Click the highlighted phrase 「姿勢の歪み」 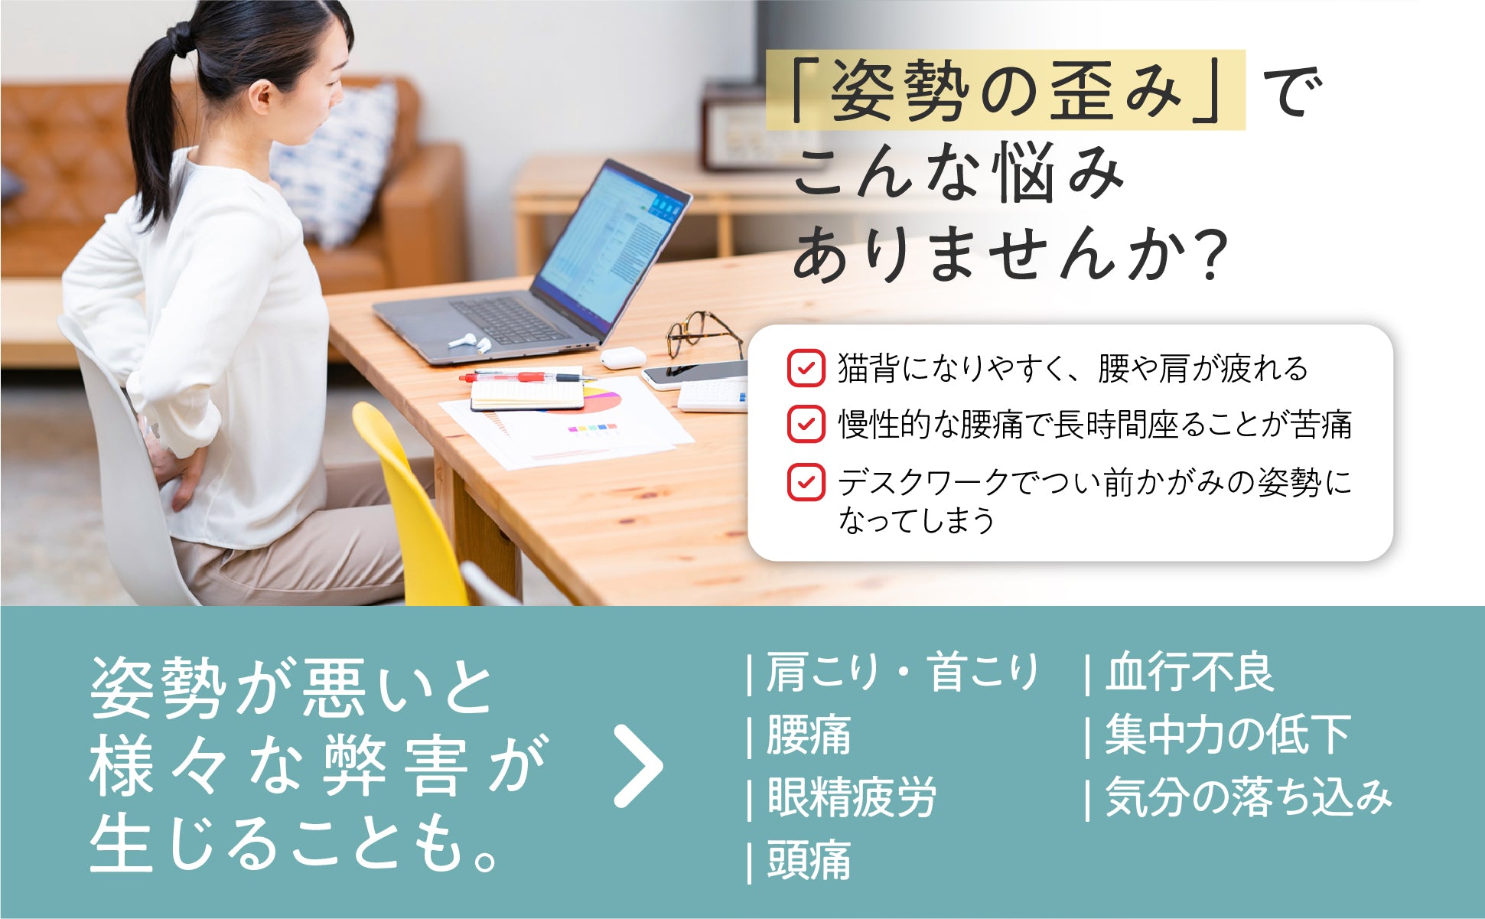click(1005, 90)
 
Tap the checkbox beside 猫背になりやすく click(806, 368)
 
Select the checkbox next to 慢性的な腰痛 click(806, 424)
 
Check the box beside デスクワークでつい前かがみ click(806, 482)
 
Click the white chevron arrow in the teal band click(639, 767)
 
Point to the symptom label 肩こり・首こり click(902, 673)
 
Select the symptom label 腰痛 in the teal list click(809, 735)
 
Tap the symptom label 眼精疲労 click(852, 797)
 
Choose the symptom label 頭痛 click(809, 860)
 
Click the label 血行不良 click(1190, 673)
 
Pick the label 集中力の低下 click(1228, 735)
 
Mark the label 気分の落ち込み click(1249, 797)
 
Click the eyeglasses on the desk click(702, 334)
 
